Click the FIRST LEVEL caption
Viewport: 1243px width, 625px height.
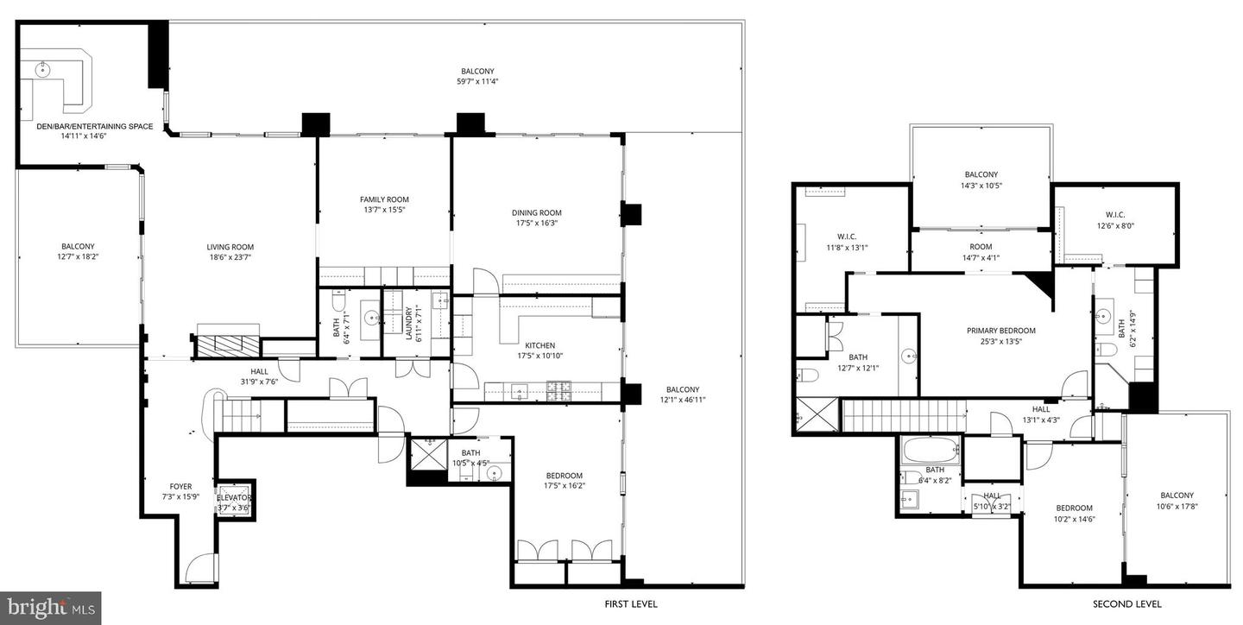631,604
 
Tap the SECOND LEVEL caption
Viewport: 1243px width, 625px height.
1127,604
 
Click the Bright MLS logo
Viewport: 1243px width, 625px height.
50,608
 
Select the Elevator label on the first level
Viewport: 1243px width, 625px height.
234,498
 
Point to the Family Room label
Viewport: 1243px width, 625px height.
384,199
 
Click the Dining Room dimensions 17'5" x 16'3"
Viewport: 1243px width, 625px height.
537,223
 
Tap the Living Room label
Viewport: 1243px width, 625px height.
230,247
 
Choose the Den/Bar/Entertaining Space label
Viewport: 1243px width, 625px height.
95,126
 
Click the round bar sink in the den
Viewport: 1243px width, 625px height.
43,70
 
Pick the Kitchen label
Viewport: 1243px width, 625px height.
540,345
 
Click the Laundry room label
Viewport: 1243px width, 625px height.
409,323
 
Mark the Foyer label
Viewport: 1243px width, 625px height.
180,487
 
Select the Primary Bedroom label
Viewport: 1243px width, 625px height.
1001,331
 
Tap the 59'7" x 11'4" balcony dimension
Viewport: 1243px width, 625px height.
477,82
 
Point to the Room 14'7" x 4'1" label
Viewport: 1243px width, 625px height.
981,252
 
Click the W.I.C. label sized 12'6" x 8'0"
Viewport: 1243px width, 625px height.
1115,220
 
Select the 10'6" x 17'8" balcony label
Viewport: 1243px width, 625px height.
1177,501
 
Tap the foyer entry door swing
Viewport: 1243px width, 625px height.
199,567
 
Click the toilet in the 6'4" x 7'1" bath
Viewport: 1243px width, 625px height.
339,302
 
